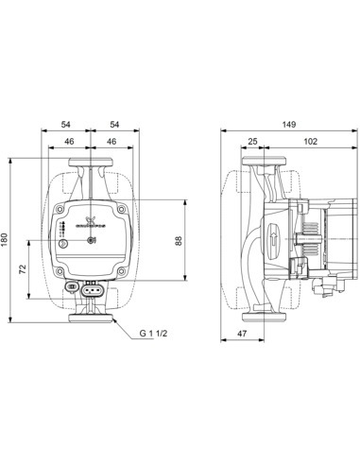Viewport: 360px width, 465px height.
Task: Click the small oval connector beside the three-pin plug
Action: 74,285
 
